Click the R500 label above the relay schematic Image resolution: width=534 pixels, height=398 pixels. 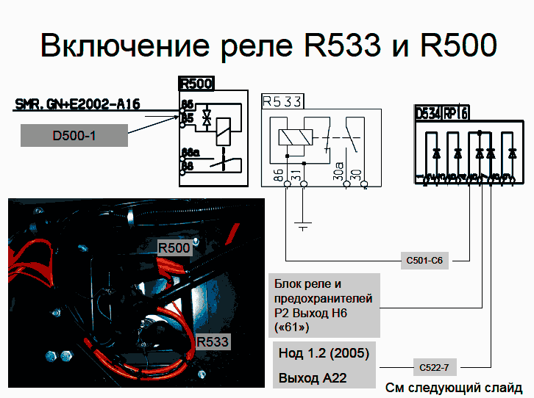[x=196, y=83]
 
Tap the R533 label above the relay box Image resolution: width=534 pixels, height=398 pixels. [x=282, y=101]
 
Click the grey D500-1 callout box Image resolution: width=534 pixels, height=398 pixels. [x=74, y=135]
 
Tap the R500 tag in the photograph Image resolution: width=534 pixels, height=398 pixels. [x=174, y=248]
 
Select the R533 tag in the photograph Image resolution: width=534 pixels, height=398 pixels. [x=213, y=341]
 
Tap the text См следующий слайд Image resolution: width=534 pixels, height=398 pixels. [x=454, y=387]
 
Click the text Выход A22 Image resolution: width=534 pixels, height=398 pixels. [x=312, y=379]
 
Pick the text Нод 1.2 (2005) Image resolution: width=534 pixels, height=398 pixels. [x=324, y=353]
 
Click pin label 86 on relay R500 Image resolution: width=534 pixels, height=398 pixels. [x=188, y=105]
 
